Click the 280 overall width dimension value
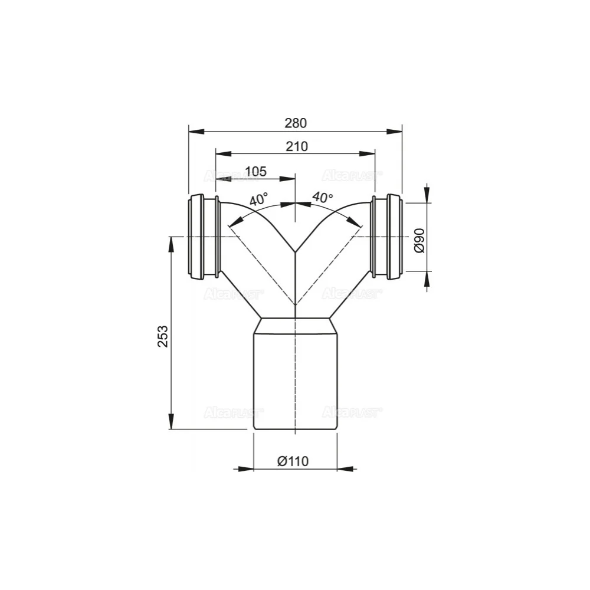tap(296, 123)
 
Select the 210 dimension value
tap(296, 147)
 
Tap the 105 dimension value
tap(255, 171)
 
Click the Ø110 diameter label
tap(293, 461)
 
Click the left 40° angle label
tap(258, 199)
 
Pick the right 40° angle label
tap(323, 198)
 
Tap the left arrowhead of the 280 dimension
tap(195, 130)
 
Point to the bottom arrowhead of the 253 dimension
tap(171, 422)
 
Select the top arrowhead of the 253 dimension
tap(171, 244)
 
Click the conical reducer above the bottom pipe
tap(295, 325)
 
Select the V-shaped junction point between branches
tap(294, 252)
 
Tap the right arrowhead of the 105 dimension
tap(287, 178)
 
